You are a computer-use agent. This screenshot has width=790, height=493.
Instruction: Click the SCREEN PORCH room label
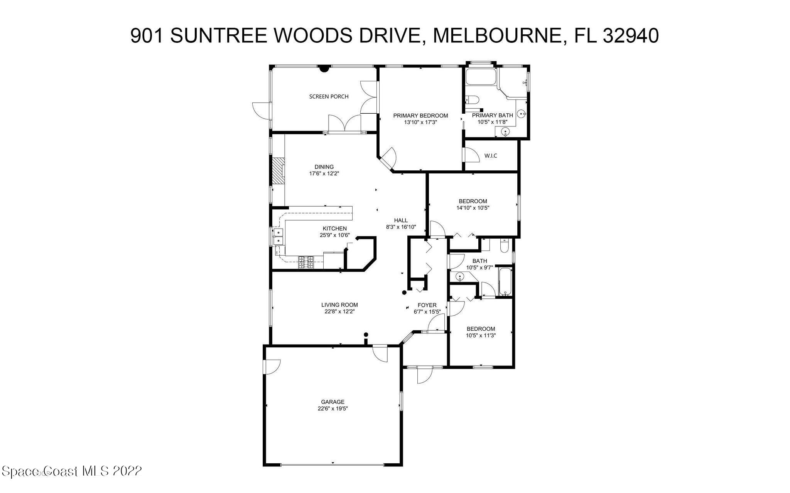click(329, 96)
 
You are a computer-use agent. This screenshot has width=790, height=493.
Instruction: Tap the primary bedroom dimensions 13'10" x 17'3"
click(420, 122)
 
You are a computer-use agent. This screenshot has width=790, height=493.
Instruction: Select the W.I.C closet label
click(491, 156)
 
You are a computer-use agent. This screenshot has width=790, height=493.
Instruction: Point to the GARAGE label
click(333, 402)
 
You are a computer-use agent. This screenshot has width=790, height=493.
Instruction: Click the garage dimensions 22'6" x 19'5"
click(333, 409)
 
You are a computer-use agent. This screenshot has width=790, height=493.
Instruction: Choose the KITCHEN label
click(334, 229)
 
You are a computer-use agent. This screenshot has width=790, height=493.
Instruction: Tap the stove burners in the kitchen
click(306, 262)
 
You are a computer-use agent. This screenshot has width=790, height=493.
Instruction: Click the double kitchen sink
click(278, 236)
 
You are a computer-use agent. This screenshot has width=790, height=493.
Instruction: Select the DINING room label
click(324, 167)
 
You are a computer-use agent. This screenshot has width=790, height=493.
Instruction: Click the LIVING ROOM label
click(339, 305)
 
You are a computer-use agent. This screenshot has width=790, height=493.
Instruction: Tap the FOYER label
click(427, 305)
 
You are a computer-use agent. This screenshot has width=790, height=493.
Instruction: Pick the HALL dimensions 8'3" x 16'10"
click(401, 227)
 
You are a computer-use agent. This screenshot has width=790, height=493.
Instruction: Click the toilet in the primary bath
click(473, 100)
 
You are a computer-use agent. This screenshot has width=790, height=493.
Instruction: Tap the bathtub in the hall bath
click(504, 281)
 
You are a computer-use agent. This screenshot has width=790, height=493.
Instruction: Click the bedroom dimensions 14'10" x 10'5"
click(473, 208)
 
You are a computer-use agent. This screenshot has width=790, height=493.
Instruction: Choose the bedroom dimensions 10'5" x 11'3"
click(481, 335)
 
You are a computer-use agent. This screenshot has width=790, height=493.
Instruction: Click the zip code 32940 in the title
click(630, 36)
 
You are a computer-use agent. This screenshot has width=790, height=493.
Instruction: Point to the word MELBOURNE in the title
click(497, 36)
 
